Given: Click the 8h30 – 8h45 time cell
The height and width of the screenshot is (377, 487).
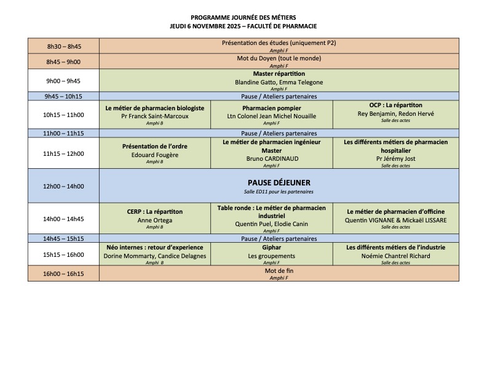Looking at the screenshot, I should pos(63,46).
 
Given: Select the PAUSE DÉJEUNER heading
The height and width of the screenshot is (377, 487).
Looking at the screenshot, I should pos(279,182).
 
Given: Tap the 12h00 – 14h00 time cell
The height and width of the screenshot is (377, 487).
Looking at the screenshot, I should pos(63,186).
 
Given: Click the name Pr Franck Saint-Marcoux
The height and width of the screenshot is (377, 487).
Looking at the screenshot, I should pos(155,116).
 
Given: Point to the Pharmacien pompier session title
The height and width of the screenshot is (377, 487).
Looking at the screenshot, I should pos(271,107).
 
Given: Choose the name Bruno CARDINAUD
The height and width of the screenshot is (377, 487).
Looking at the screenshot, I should pos(271,158).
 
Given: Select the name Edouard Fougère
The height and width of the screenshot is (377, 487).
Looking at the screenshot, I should pos(155,154).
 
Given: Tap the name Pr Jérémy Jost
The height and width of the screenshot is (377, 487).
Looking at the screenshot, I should pos(396,158).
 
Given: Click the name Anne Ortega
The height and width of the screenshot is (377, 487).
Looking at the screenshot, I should pos(155,220).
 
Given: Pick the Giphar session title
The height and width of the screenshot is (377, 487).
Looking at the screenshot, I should pos(271,248).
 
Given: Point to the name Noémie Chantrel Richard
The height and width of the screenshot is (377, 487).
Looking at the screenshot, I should pos(396,256).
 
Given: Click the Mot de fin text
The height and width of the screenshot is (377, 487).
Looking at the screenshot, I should pos(279,270).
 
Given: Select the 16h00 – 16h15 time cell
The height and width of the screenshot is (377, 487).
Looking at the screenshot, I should pos(63,273).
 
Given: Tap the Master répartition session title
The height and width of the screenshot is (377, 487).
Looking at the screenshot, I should pos(279,74).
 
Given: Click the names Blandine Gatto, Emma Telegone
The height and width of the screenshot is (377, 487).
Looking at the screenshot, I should pos(279,82).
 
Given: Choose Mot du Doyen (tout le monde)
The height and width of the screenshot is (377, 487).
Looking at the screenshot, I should pos(279,59).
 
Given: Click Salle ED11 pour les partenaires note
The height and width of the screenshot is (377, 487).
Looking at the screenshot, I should pos(279,193).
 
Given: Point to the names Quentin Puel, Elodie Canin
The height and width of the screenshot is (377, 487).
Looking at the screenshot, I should pos(271,224).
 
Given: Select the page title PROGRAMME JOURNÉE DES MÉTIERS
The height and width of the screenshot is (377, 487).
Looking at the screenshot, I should pos(244,18).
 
